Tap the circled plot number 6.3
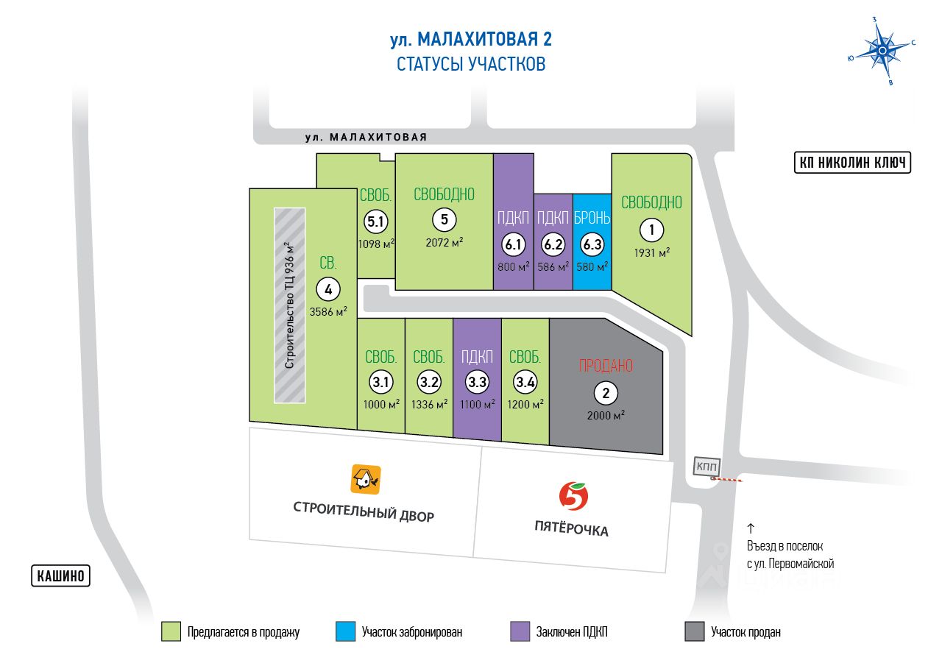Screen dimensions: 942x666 tap(591, 244)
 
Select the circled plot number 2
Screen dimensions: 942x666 tap(606, 393)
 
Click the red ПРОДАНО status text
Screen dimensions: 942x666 tap(606, 366)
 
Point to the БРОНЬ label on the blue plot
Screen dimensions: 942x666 tap(592, 218)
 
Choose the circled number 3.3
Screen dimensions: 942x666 tap(477, 382)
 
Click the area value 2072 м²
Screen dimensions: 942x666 tap(444, 243)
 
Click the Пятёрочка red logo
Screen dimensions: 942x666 tap(573, 497)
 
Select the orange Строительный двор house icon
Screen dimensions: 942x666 tap(366, 479)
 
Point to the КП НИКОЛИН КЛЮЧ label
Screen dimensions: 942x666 tap(852, 163)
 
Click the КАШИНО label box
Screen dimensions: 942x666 tap(60, 575)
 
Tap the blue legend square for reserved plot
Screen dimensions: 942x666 tap(344, 631)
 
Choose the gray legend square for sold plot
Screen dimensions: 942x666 tap(694, 631)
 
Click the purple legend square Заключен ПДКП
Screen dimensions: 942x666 tap(520, 631)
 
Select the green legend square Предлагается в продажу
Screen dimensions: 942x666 tap(171, 631)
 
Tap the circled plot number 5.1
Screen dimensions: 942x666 tap(375, 221)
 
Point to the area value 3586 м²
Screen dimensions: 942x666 tap(328, 312)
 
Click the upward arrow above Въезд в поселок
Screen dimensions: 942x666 tap(751, 528)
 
